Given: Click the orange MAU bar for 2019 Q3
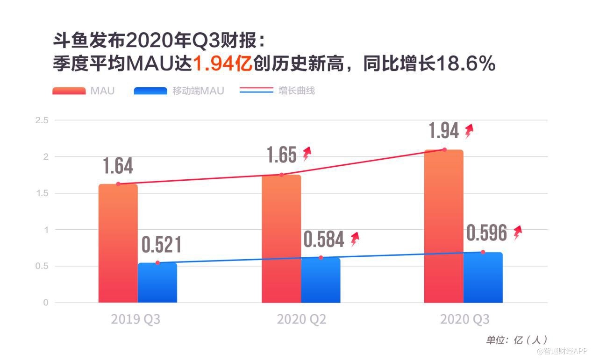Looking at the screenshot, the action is click(x=118, y=243).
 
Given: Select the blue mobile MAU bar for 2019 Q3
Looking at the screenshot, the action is click(x=157, y=282).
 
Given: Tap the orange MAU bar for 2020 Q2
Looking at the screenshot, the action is click(x=281, y=239).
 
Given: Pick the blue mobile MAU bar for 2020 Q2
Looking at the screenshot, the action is click(x=321, y=280).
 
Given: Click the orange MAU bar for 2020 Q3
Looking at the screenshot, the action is click(x=444, y=226).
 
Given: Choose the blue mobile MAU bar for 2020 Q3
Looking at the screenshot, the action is click(x=483, y=277).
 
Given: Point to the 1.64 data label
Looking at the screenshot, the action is click(x=118, y=166).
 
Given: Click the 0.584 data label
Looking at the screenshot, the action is click(x=324, y=239).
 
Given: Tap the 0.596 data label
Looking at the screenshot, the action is click(x=487, y=233).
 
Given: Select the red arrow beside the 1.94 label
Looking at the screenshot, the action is click(x=469, y=131).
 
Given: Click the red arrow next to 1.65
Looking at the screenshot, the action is click(x=307, y=154).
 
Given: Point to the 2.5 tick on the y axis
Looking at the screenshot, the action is click(x=42, y=120).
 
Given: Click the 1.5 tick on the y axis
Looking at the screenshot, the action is click(x=42, y=193).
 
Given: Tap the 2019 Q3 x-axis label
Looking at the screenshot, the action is click(x=136, y=319).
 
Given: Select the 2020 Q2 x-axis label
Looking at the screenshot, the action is click(x=301, y=319).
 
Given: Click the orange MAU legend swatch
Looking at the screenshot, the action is click(x=69, y=91).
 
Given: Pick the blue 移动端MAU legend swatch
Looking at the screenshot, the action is click(x=150, y=91).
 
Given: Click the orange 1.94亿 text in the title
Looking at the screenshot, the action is click(x=222, y=64).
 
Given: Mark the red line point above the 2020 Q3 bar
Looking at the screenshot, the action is click(x=444, y=150).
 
